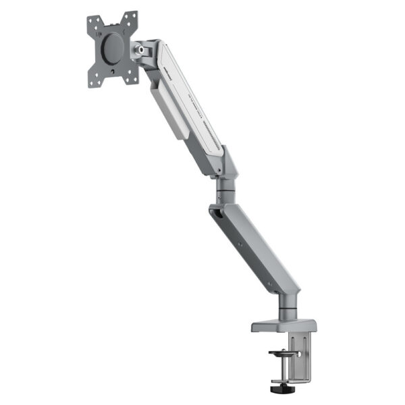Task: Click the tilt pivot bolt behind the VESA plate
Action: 142,49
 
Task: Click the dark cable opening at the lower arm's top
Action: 216,215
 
